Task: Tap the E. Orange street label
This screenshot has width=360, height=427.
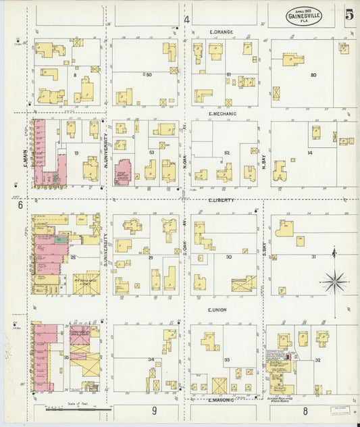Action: [221, 32]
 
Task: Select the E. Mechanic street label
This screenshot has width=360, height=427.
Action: [222, 114]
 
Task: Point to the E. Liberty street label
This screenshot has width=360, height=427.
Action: [220, 201]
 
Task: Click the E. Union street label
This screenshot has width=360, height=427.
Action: [217, 310]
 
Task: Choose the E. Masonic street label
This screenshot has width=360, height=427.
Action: [221, 401]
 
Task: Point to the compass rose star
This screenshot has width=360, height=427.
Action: [336, 278]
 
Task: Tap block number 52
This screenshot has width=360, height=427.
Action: [228, 153]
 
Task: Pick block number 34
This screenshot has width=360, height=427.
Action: [151, 359]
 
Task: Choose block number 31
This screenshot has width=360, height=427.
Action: [313, 257]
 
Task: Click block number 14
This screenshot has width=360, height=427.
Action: [309, 153]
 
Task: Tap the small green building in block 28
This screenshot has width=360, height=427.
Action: [61, 238]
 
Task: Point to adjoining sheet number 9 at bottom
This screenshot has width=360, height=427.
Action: [154, 410]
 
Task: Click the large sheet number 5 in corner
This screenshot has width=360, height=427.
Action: [349, 15]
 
